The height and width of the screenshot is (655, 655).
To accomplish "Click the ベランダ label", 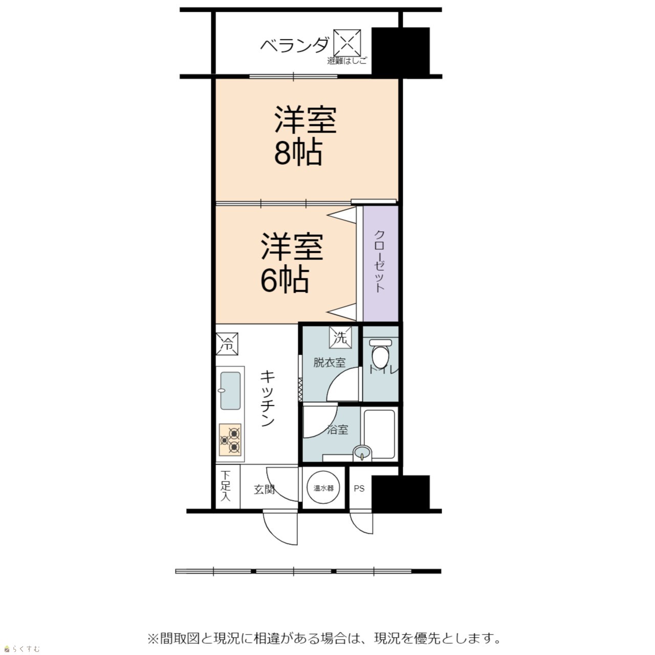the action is tap(295, 45).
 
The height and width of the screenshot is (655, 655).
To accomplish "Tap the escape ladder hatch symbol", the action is tap(347, 43).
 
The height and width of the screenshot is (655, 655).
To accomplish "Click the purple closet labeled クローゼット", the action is tap(380, 263).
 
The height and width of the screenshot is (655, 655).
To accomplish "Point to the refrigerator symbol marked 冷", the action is tap(227, 344).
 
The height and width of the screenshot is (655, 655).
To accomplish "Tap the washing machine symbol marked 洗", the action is tap(340, 337).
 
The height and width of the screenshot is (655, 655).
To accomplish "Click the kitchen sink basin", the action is tap(230, 391).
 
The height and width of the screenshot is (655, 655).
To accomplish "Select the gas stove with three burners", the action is tap(230, 440).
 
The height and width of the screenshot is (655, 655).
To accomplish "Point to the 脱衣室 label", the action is tap(330, 363).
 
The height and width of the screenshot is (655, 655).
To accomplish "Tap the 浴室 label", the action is tap(338, 430).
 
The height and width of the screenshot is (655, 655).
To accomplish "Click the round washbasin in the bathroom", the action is tap(362, 453).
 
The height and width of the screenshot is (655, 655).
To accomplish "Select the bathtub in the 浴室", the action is tap(379, 434).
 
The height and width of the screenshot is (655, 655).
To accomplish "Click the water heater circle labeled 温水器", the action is tap(323, 488).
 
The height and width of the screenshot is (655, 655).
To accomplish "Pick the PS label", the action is tap(359, 489).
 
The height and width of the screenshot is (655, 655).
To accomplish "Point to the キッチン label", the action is tap(268, 398).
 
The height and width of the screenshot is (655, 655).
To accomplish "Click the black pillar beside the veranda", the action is tap(400, 52).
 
